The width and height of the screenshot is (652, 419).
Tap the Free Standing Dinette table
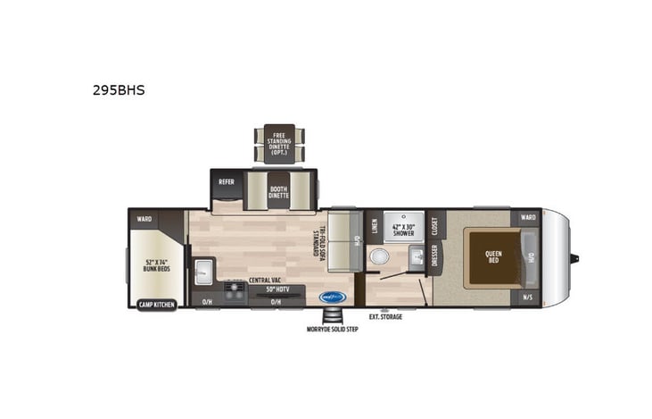tap(278, 143)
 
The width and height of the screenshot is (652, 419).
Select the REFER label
tap(227, 181)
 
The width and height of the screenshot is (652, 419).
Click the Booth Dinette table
tap(279, 190)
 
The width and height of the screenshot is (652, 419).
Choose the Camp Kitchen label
tap(156, 305)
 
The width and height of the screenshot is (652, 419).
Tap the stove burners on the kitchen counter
tap(235, 291)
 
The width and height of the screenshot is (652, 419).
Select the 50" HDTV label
tap(276, 289)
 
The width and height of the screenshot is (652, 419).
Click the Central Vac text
tap(265, 281)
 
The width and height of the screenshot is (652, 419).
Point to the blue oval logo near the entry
tap(333, 297)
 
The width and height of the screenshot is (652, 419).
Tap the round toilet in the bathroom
tap(378, 257)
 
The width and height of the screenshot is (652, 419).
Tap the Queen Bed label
tap(493, 257)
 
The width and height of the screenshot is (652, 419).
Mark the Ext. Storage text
tap(385, 316)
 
